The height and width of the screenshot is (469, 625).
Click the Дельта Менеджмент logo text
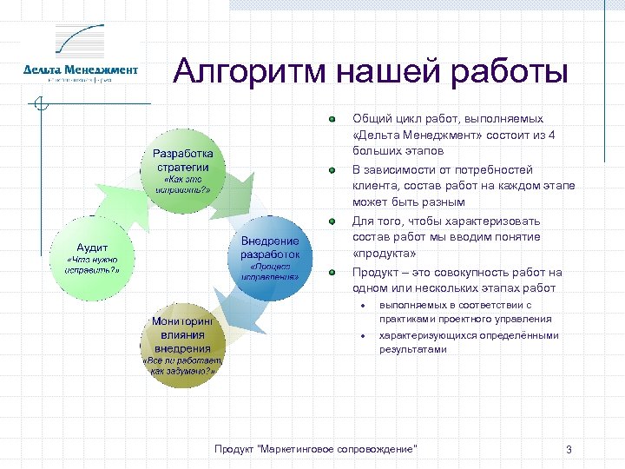click(80, 69)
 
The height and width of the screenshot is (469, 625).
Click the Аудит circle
click(92, 256)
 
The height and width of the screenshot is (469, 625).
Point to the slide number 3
click(568, 449)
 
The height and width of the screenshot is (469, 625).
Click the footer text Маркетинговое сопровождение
click(316, 448)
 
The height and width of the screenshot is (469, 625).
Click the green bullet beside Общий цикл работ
click(332, 119)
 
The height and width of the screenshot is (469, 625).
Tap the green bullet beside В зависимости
click(332, 170)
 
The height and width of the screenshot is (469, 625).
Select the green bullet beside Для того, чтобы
click(332, 221)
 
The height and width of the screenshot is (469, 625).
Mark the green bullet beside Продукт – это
click(332, 272)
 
